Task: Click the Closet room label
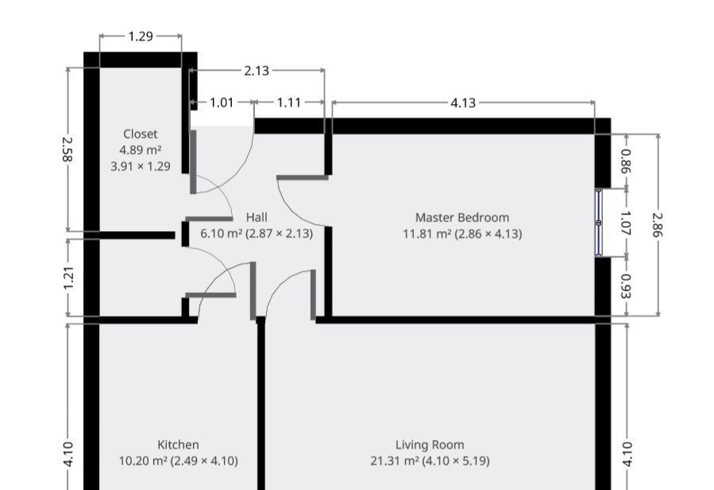141,134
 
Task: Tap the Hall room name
257,218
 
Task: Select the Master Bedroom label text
462,218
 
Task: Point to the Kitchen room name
178,445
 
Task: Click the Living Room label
430,445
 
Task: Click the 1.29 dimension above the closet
141,37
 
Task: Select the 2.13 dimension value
257,71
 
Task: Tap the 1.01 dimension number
222,102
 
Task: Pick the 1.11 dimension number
289,102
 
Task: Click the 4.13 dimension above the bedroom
463,103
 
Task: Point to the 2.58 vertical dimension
68,149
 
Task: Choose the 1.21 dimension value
68,278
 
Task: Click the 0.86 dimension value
626,162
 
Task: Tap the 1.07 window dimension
626,222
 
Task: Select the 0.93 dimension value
626,286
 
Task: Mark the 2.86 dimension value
657,225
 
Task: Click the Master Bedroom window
599,222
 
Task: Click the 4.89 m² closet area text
141,150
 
